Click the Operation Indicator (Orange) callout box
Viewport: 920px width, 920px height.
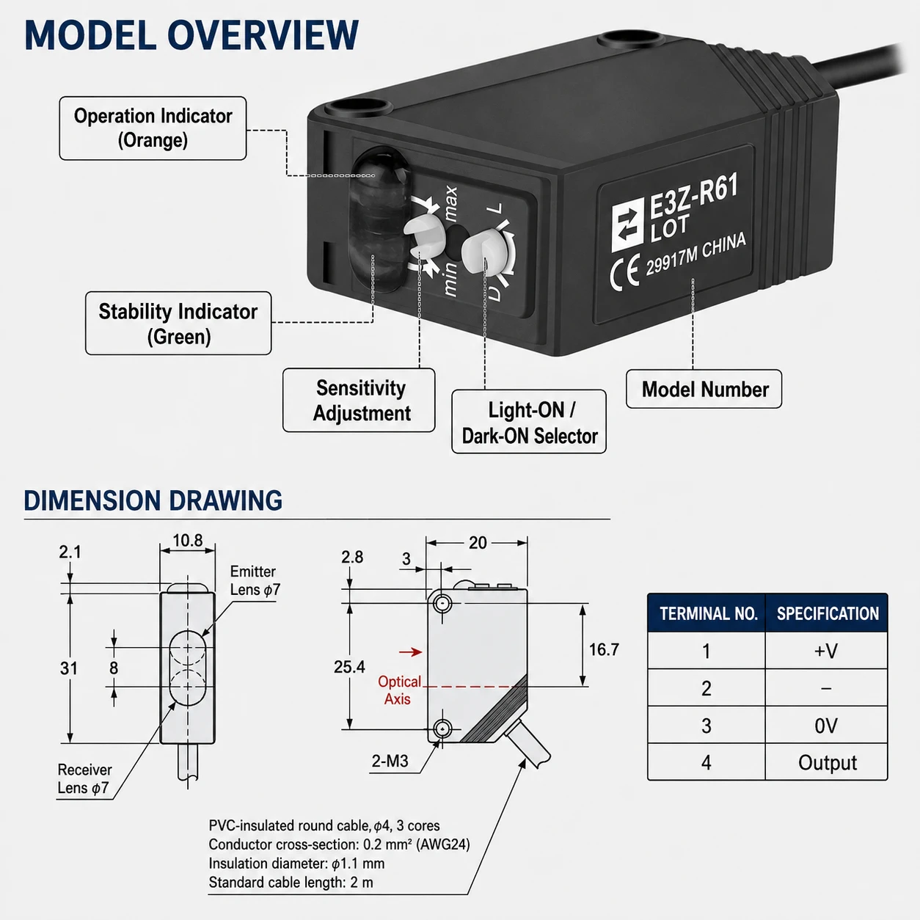pos(153,128)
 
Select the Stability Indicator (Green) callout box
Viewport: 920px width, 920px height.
pos(178,324)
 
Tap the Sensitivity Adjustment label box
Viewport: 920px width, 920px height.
pos(359,400)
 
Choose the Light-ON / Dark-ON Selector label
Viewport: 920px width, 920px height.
pos(529,422)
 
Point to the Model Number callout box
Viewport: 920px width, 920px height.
pos(704,389)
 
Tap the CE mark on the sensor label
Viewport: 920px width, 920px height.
pos(624,273)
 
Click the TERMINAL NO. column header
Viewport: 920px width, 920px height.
pos(708,613)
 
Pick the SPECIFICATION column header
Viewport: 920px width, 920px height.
pos(828,613)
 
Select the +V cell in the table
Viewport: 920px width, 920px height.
pos(826,651)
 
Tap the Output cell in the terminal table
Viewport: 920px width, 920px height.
pos(827,762)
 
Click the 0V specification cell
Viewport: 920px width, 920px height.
pos(826,726)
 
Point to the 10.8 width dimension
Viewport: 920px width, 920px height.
pos(188,541)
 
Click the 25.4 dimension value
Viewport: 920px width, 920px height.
pos(349,666)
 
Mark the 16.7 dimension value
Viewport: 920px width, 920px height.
pos(604,649)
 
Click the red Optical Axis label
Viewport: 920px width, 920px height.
pos(398,690)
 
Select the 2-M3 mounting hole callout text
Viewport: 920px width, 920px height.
pos(390,761)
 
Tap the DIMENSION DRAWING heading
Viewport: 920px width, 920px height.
pos(153,500)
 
